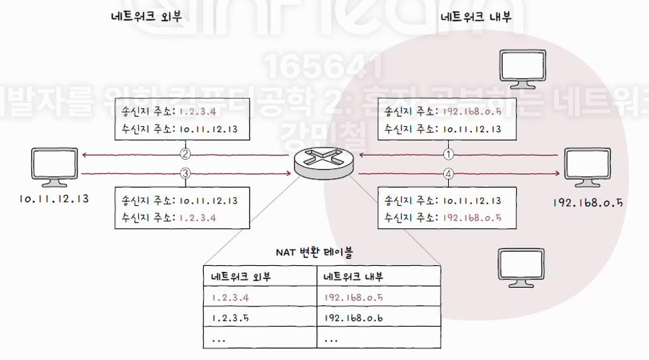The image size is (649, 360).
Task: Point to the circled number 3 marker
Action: coord(186,174)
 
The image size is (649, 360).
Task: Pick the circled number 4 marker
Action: coord(448,174)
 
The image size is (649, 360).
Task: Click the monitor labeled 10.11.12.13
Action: coord(54,167)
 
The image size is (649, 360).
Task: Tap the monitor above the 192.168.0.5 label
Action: coord(588,167)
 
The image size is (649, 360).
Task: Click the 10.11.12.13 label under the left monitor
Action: coord(54,198)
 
